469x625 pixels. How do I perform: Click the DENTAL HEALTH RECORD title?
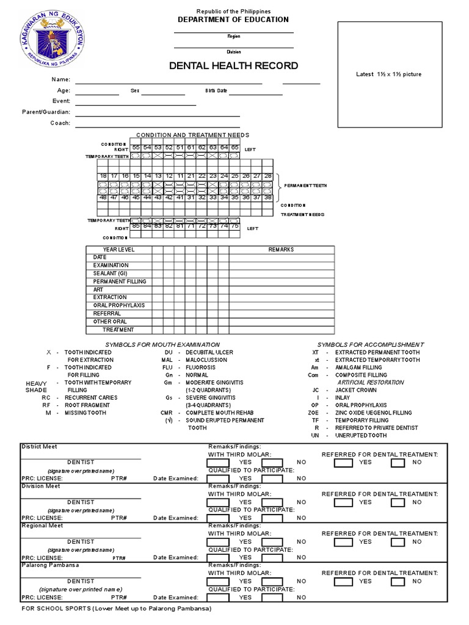pos(233,66)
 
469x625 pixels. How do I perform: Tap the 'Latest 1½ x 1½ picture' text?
pos(389,74)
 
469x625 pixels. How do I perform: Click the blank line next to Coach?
pos(157,123)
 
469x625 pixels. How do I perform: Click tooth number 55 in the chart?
pos(136,148)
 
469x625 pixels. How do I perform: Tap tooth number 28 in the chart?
pos(267,176)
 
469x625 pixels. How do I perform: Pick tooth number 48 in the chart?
pos(103,197)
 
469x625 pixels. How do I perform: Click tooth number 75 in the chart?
pos(234,226)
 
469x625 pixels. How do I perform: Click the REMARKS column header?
pos(281,250)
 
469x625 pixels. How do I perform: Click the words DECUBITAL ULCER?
pos(209,353)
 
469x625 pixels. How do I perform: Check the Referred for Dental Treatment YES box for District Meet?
pos(343,463)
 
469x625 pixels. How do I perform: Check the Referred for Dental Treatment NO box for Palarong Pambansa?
pos(398,582)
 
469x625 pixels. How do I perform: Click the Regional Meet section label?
pos(42,526)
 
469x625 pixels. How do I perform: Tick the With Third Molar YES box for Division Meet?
pos(219,502)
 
